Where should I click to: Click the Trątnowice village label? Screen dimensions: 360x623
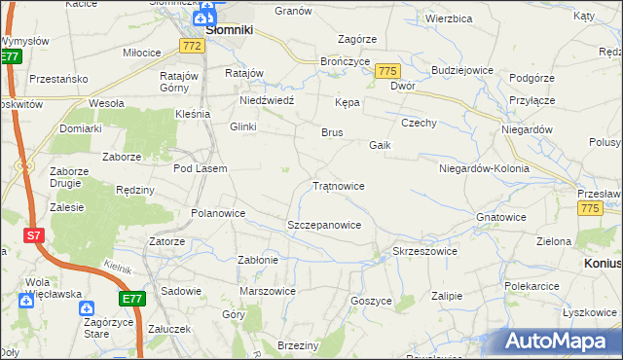coord(339,185)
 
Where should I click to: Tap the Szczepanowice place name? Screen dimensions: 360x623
coord(324,225)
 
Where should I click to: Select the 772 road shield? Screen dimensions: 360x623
coord(192,47)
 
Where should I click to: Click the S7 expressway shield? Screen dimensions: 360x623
coord(34,235)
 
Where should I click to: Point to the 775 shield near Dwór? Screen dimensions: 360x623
coord(388,72)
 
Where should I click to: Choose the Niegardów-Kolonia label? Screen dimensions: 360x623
coord(484,168)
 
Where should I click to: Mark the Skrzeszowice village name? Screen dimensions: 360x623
coord(424,251)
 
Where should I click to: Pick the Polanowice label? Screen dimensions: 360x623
coord(219,213)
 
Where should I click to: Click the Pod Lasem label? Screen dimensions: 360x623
coord(200,168)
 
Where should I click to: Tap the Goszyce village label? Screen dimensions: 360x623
coord(370,302)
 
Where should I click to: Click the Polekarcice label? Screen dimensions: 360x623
coord(531,287)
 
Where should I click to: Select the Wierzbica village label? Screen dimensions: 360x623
coord(449,18)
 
